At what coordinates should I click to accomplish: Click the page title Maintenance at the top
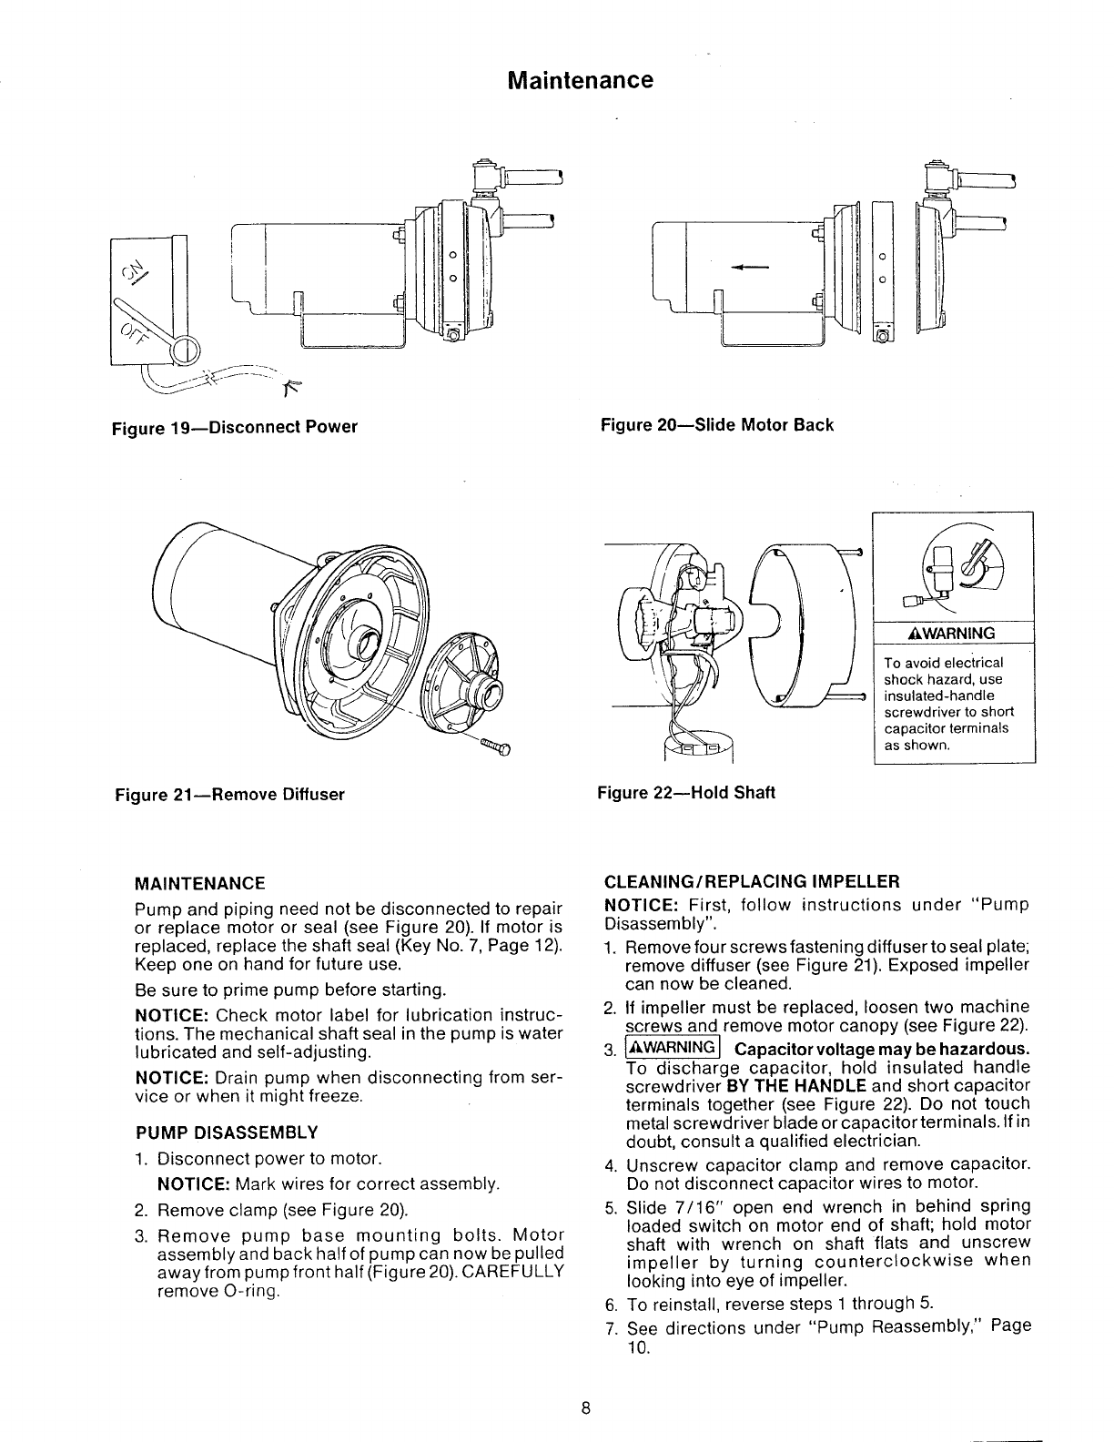(x=580, y=81)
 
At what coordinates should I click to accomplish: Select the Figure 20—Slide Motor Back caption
(x=716, y=425)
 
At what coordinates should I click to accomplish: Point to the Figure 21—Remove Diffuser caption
(x=229, y=795)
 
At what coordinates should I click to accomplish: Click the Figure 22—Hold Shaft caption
(x=685, y=793)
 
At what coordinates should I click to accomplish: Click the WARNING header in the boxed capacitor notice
(x=953, y=634)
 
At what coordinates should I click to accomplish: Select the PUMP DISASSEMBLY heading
(x=227, y=1133)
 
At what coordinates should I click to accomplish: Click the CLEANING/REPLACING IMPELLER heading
(x=752, y=881)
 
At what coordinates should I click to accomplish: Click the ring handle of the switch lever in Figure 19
(x=189, y=350)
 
